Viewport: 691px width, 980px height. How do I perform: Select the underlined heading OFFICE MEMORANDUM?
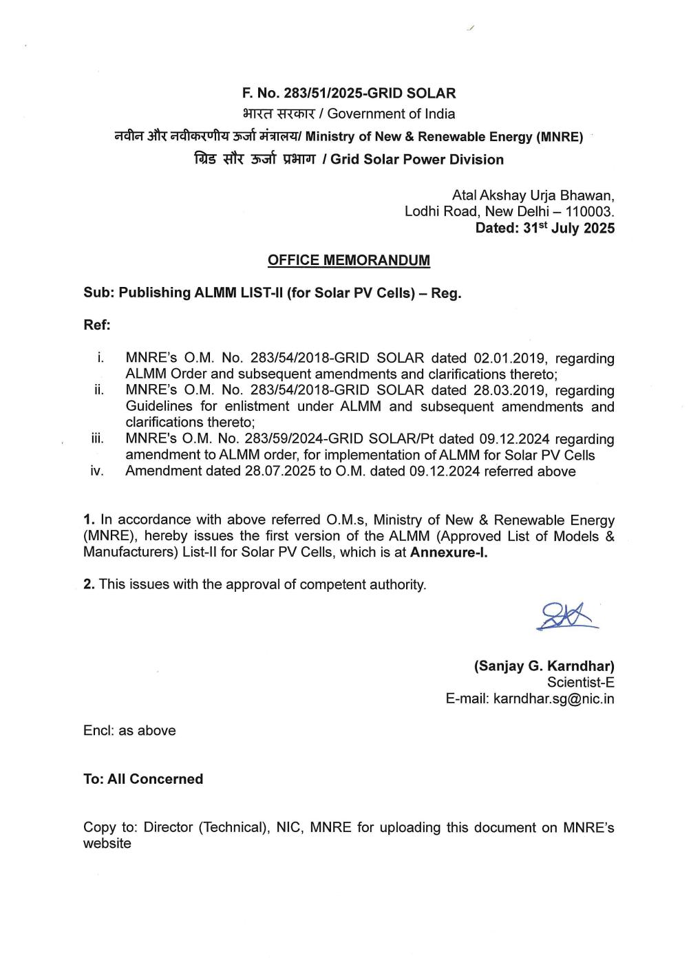point(348,260)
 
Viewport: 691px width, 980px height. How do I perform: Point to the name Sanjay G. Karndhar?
point(544,666)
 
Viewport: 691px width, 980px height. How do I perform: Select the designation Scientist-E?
point(580,682)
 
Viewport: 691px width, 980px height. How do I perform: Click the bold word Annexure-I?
point(449,552)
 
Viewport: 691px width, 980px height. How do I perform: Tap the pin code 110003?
point(589,211)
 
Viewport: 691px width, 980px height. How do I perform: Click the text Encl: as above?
point(129,731)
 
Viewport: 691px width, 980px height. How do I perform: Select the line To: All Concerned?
point(143,779)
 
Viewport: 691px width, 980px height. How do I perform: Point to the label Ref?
point(97,324)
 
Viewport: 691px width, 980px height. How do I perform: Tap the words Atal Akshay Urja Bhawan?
point(533,195)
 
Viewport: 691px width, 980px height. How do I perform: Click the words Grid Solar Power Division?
point(417,160)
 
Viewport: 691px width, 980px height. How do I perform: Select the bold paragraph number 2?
point(88,584)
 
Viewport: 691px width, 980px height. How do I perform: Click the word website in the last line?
point(107,844)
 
